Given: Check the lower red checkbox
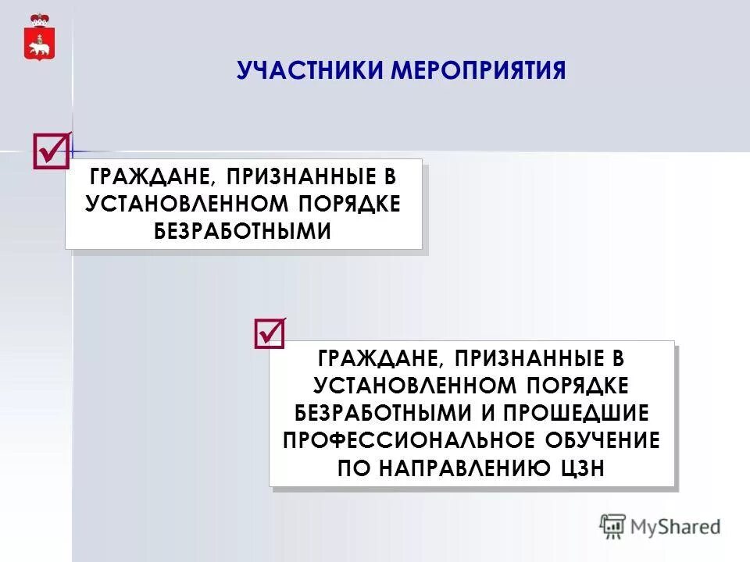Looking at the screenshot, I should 270,333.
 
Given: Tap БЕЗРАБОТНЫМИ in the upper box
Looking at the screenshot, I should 243,230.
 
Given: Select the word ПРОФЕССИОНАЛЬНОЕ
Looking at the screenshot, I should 408,439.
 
